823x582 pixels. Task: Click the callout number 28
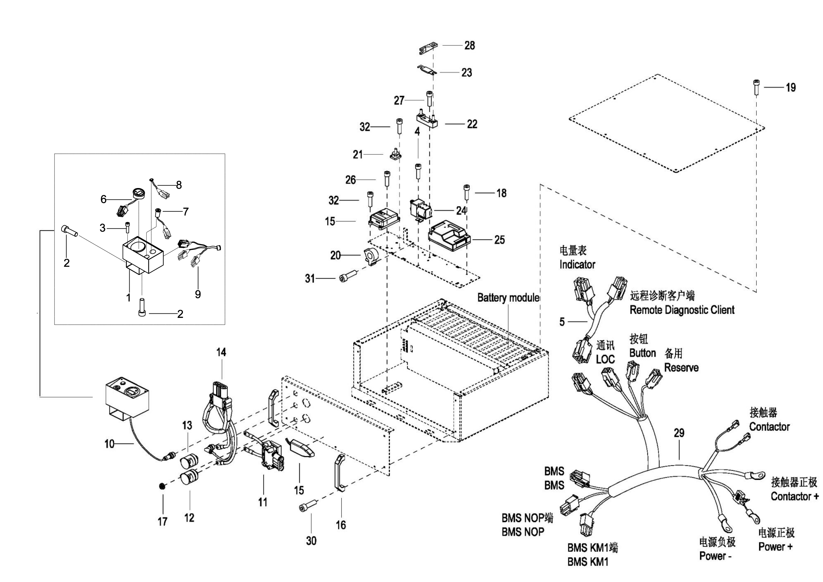[x=469, y=45]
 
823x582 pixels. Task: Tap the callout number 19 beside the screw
[x=790, y=88]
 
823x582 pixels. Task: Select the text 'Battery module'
[x=508, y=298]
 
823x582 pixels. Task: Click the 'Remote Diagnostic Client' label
[x=682, y=310]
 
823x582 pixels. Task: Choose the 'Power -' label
[x=715, y=556]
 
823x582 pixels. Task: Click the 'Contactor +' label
[x=795, y=496]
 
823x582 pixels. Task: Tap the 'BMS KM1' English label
[x=588, y=562]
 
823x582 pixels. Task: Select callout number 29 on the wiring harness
[x=679, y=433]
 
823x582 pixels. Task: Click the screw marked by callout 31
[x=348, y=277]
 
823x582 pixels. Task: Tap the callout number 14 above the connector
[x=221, y=352]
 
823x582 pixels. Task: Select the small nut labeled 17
[x=162, y=486]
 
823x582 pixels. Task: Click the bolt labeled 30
[x=308, y=506]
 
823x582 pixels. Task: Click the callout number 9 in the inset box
[x=198, y=294]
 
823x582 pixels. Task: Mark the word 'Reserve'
[x=681, y=368]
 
